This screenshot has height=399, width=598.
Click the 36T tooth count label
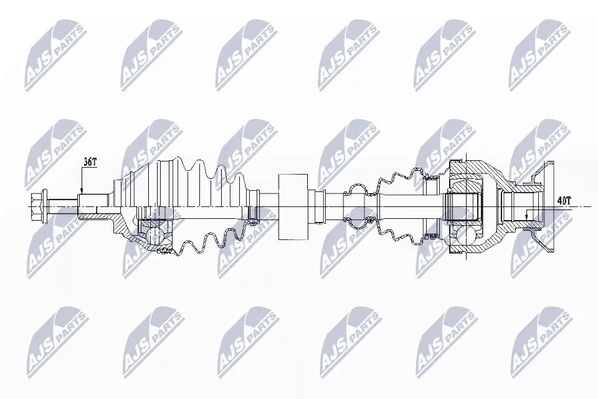(90, 162)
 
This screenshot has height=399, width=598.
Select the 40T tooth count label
(564, 201)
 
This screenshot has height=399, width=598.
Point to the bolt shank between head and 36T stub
(62, 202)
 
